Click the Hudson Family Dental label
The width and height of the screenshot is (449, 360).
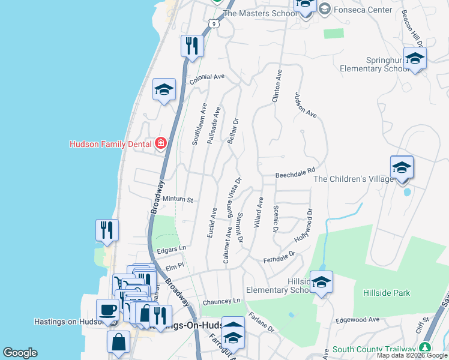point(111,144)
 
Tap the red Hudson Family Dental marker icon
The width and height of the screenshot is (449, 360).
point(161,143)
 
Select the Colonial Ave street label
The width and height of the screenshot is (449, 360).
point(206,77)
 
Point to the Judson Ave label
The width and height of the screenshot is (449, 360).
point(305,104)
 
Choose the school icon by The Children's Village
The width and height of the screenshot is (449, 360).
point(402,167)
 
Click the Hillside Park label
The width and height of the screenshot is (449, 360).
point(387,293)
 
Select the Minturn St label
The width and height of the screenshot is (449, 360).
point(176,199)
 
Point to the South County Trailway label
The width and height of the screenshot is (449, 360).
point(374,349)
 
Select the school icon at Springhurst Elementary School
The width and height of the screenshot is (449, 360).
point(415,59)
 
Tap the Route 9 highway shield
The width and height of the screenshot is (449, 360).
point(214,23)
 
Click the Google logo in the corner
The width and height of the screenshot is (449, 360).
point(20,353)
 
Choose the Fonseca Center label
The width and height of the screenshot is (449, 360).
point(364,10)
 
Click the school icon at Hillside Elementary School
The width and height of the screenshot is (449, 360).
point(321,282)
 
